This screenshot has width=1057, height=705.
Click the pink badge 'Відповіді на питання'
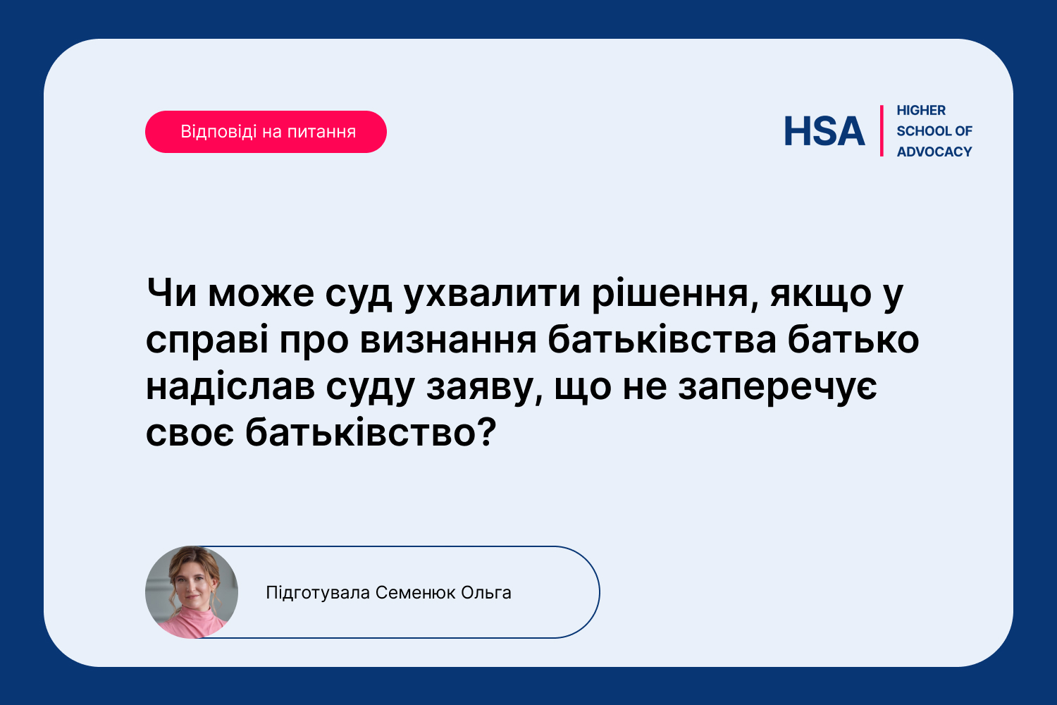tap(266, 132)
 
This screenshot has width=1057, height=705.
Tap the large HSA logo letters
tap(824, 131)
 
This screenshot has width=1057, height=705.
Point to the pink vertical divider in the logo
tap(882, 131)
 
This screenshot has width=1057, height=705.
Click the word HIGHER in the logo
tap(921, 111)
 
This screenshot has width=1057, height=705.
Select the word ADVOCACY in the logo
tap(934, 152)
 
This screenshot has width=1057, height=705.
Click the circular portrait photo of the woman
tap(192, 592)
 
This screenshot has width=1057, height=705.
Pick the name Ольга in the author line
tap(486, 593)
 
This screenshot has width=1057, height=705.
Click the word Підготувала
tap(318, 593)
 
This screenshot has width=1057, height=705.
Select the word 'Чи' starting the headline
tap(171, 293)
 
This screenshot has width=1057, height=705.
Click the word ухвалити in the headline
tap(492, 295)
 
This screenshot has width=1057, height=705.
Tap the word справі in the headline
tap(207, 341)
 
